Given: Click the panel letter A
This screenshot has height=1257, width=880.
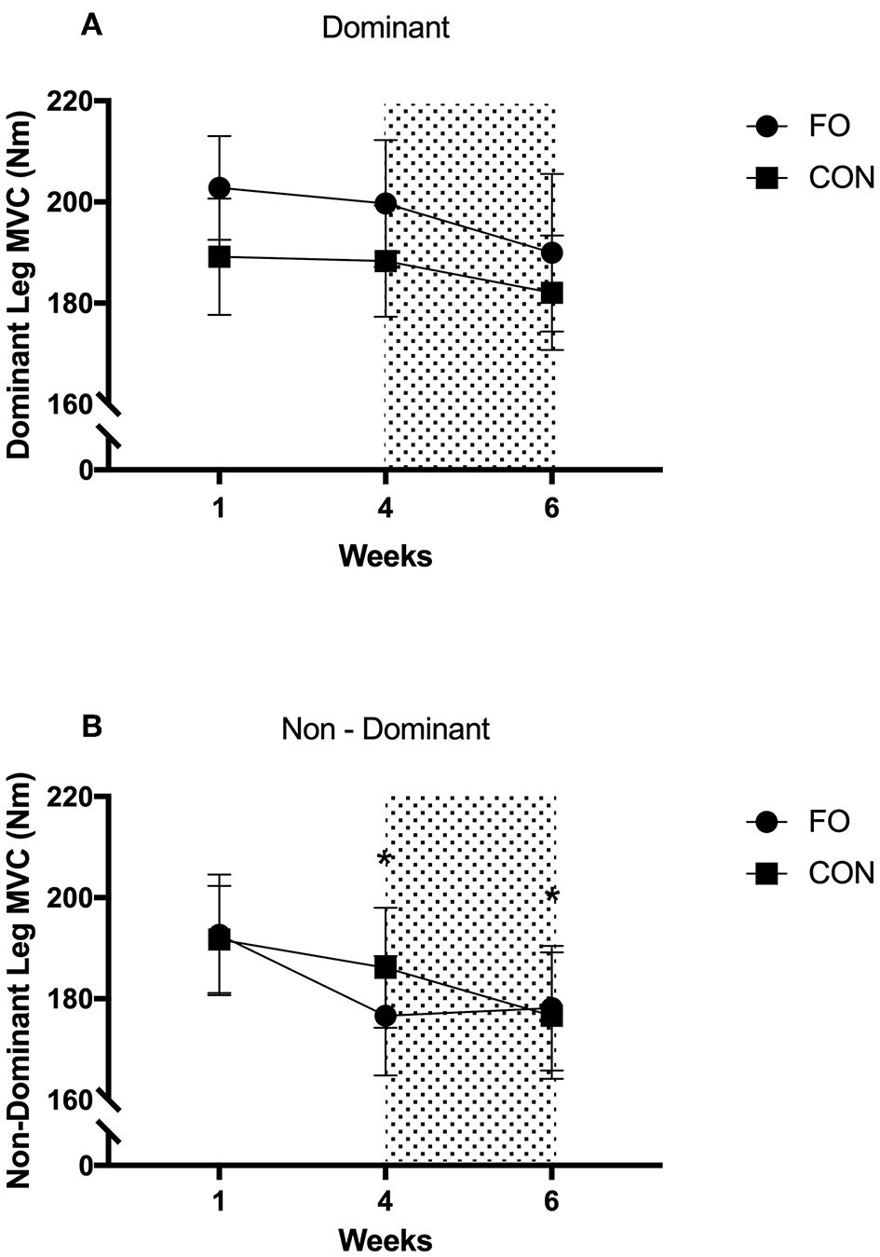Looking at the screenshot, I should pyautogui.click(x=91, y=25).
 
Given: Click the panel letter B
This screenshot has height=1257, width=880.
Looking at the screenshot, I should pyautogui.click(x=91, y=725).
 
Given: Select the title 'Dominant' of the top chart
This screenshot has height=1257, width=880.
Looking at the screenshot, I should pyautogui.click(x=386, y=28).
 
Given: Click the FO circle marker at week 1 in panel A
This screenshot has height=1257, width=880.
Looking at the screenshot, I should pyautogui.click(x=219, y=188).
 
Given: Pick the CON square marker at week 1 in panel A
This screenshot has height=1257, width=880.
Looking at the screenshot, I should pyautogui.click(x=219, y=256).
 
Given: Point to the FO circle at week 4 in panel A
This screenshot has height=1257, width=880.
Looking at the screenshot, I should pyautogui.click(x=386, y=203).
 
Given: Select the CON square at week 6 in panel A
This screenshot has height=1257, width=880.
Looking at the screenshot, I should pyautogui.click(x=551, y=293).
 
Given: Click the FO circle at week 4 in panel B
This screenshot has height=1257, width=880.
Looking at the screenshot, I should pyautogui.click(x=386, y=1016).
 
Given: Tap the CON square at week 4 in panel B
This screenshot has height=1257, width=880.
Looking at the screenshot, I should pyautogui.click(x=386, y=966).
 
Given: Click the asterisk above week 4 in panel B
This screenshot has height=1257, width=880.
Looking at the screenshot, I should pyautogui.click(x=384, y=859).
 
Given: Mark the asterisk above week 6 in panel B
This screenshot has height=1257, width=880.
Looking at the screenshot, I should pyautogui.click(x=552, y=897).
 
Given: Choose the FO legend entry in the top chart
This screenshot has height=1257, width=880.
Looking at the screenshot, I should pyautogui.click(x=808, y=126).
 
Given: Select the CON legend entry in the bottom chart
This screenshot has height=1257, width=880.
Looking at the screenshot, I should pyautogui.click(x=808, y=873).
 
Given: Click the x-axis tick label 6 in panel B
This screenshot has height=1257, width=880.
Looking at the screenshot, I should pyautogui.click(x=551, y=1196).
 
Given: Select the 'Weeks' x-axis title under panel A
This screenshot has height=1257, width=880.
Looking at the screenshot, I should pyautogui.click(x=385, y=556).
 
